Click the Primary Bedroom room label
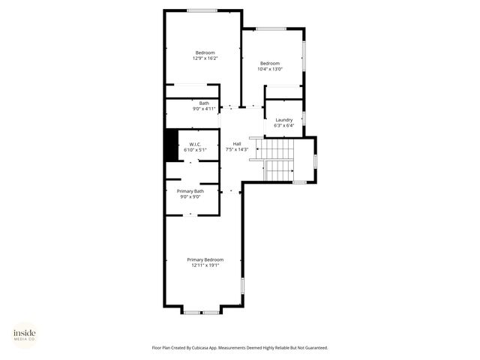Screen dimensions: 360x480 (x=205, y=259)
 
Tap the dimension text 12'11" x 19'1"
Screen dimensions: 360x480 (x=205, y=265)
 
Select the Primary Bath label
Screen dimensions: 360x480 (x=190, y=191)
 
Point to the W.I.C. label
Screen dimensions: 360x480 (x=194, y=145)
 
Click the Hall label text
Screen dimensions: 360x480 (x=236, y=144)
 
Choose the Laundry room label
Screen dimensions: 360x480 (x=283, y=120)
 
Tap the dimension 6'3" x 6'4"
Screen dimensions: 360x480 (x=283, y=125)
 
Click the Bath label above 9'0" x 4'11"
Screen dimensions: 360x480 (x=204, y=103)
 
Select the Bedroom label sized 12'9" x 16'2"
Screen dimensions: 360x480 (x=204, y=52)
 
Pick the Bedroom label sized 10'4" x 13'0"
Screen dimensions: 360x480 (x=270, y=63)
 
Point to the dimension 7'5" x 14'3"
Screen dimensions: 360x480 (x=236, y=149)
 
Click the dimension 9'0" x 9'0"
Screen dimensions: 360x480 (x=190, y=196)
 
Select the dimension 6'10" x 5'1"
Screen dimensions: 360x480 (x=194, y=150)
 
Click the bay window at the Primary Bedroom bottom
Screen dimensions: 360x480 (x=202, y=310)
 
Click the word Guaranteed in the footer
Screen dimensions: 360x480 (x=315, y=347)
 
